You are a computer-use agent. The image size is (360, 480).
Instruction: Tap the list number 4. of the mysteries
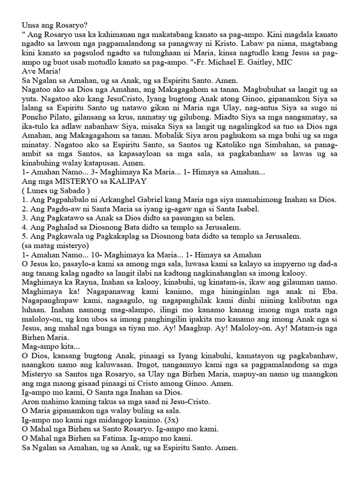point(25,227)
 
